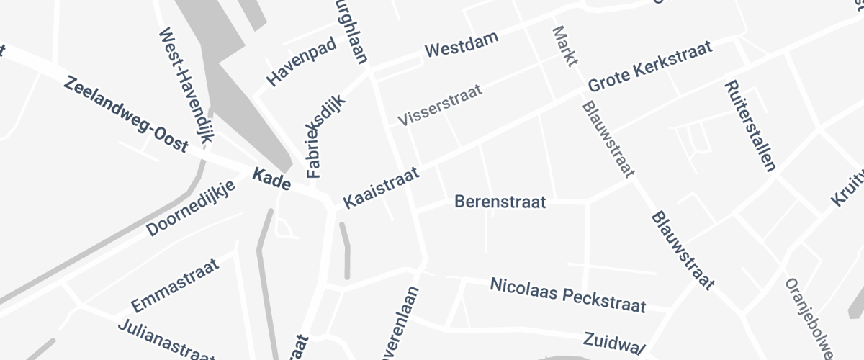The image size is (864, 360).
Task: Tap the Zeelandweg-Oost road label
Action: tap(126, 114)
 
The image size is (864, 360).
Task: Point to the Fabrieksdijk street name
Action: tap(326, 138)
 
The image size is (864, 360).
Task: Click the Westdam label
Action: tap(462, 50)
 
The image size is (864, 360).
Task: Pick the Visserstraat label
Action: tap(440, 106)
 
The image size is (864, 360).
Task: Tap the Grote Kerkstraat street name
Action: tap(650, 66)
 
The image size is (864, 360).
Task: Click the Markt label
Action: tap(565, 46)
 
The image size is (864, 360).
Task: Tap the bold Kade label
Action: tap(271, 181)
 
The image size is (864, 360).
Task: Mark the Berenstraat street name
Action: tap(500, 202)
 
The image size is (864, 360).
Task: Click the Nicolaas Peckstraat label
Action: tap(567, 294)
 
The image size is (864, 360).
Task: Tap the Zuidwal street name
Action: tap(613, 343)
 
